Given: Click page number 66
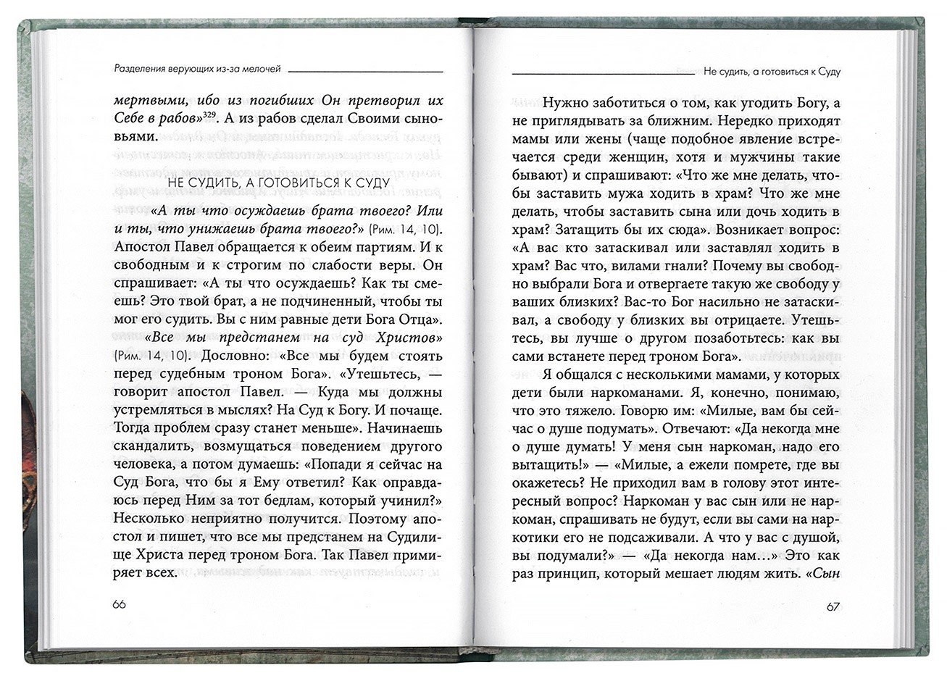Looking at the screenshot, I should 120,605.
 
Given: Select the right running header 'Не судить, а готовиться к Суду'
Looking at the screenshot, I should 776,72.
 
